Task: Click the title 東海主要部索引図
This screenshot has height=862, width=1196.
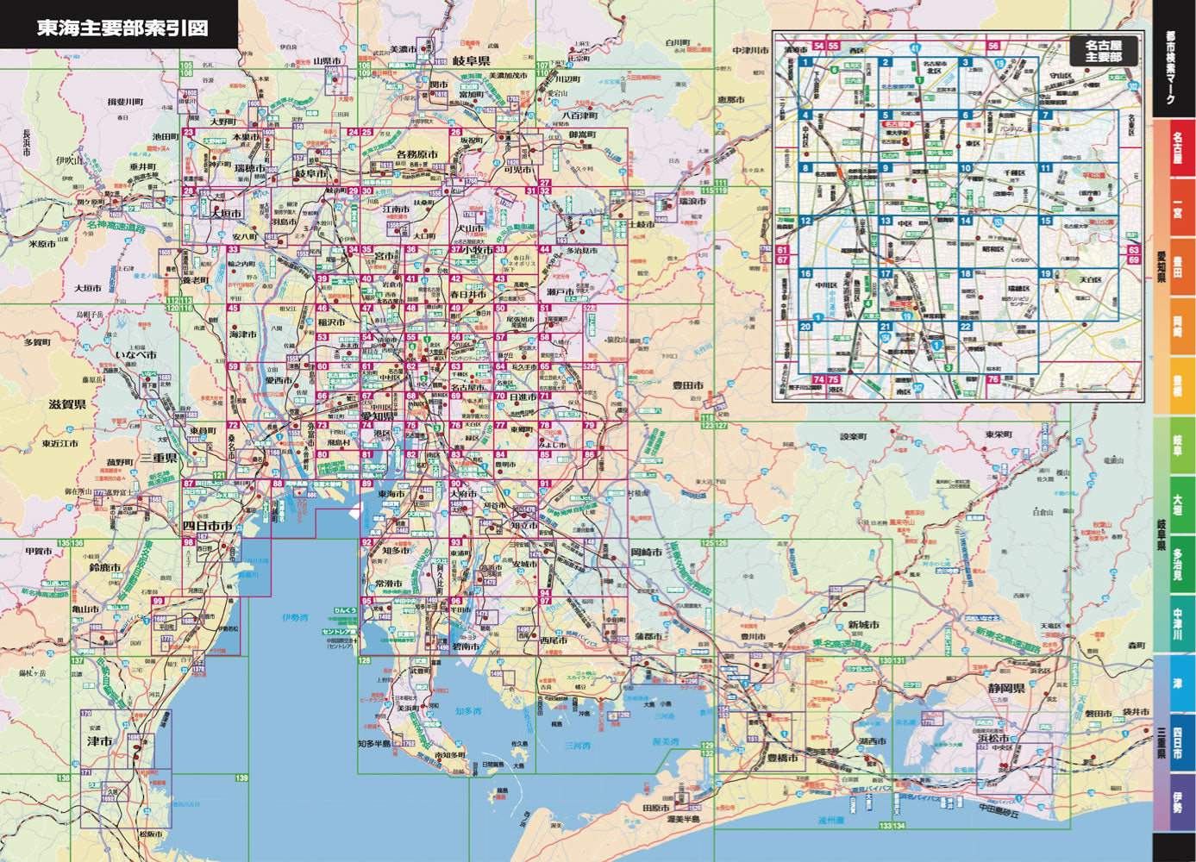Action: tap(122, 28)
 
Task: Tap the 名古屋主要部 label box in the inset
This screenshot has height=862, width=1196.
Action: tap(1104, 50)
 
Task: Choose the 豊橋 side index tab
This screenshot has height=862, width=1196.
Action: tap(1176, 385)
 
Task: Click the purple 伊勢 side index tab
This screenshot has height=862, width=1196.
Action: tap(1176, 803)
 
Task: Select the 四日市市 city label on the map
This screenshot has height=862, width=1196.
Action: tap(208, 526)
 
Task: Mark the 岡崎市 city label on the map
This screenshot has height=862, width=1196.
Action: tap(646, 551)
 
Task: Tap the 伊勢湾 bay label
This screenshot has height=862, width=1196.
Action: tap(295, 617)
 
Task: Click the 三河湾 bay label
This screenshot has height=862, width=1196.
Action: tap(577, 746)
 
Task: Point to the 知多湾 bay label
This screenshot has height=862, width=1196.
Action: tap(468, 711)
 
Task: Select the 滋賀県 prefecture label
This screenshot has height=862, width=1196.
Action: tap(66, 404)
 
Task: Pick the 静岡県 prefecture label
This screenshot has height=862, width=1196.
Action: tap(1006, 689)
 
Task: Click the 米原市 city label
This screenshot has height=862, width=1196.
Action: tap(42, 244)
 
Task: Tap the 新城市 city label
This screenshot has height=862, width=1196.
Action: tap(862, 625)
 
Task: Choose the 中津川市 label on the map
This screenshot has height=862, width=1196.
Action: tap(750, 50)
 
